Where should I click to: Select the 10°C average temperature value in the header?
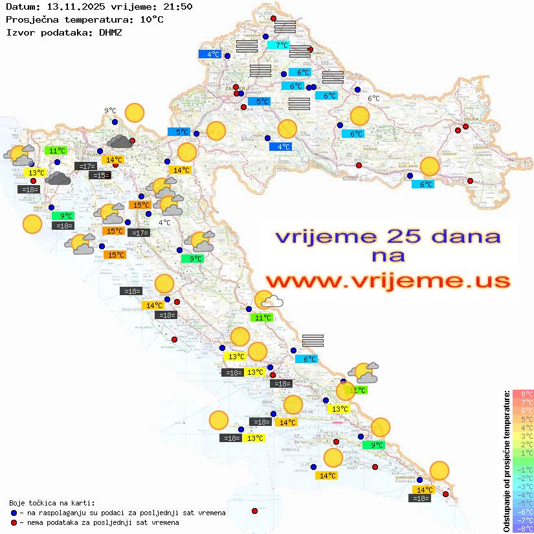click(x=151, y=19)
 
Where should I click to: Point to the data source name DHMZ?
click(x=110, y=32)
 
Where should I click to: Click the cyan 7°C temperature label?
click(x=282, y=45)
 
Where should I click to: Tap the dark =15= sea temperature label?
click(x=100, y=175)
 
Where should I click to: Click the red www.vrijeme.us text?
click(x=388, y=281)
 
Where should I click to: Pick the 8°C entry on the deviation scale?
click(x=523, y=394)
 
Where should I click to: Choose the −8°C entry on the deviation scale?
click(x=523, y=529)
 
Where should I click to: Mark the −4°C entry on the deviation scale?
click(x=523, y=495)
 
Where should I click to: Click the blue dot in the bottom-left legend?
click(x=14, y=513)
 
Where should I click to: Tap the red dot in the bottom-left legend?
click(x=14, y=522)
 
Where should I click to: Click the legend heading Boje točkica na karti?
click(x=52, y=503)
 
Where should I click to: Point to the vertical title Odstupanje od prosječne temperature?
click(x=506, y=460)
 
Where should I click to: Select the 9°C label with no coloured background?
click(x=110, y=111)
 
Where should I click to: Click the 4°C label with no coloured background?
click(x=164, y=223)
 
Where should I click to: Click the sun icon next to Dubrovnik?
click(x=439, y=470)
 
